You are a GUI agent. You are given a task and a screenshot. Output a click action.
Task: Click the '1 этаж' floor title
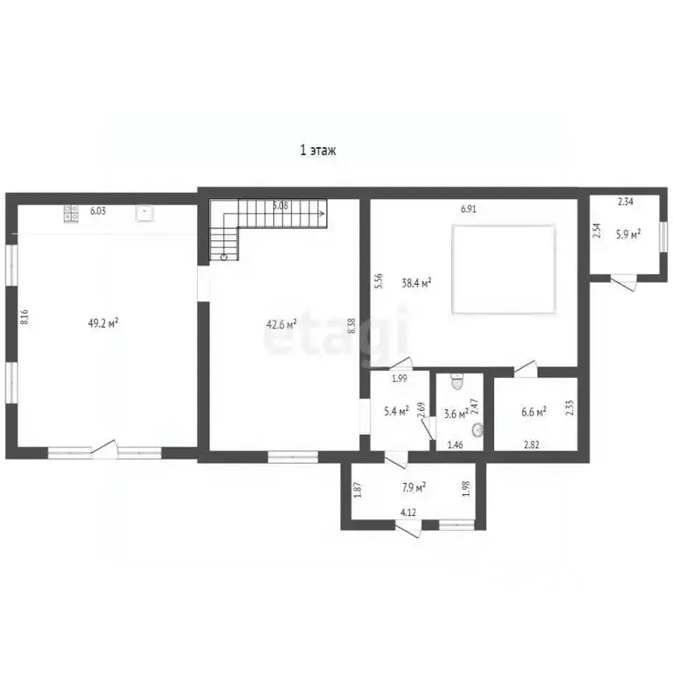[317, 151]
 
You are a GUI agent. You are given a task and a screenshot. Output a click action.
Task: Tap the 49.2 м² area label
[103, 322]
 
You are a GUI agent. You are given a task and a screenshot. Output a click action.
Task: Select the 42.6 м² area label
[281, 324]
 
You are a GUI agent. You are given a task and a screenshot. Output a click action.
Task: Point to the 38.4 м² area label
[416, 283]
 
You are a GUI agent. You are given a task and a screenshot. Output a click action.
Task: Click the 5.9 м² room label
[628, 234]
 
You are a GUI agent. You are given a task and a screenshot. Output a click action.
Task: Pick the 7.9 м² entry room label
[414, 487]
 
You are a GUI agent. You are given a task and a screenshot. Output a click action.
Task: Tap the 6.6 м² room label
[534, 412]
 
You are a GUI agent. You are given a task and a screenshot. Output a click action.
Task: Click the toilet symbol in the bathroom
[457, 380]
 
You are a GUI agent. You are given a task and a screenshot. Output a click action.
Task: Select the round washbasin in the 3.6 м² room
[478, 429]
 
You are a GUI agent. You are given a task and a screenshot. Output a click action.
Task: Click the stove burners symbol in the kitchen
[71, 213]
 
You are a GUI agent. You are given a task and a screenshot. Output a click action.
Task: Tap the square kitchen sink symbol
[145, 213]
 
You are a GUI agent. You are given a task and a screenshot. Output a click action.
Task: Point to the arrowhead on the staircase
[322, 212]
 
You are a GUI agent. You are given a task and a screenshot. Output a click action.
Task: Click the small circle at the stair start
[223, 257]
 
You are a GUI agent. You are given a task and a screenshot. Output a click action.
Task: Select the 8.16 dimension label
[25, 317]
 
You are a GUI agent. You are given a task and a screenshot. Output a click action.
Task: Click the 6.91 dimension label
[468, 209]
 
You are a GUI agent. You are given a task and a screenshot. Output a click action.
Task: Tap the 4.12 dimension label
[408, 512]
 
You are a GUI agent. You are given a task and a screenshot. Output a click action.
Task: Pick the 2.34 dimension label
[626, 202]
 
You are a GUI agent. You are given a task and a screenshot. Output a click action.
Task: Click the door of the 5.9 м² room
[623, 283]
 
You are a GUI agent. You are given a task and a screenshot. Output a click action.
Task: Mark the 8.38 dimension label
[352, 326]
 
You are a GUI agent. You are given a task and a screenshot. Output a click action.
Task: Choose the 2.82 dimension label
[531, 445]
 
